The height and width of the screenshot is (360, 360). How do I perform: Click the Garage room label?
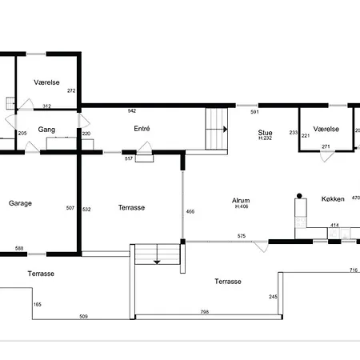tap(20, 203)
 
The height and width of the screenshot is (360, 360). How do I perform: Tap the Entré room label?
tap(142, 129)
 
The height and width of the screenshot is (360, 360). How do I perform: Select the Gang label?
tap(46, 130)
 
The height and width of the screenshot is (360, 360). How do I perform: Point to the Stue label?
tap(265, 133)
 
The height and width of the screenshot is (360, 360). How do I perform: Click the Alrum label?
tap(241, 201)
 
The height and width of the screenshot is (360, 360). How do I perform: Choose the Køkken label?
tap(333, 199)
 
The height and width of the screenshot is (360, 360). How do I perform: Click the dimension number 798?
tap(205, 312)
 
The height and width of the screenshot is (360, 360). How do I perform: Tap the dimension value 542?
tap(132, 110)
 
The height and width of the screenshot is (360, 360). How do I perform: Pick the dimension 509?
tap(83, 317)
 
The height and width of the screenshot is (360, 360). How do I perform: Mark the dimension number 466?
tap(190, 211)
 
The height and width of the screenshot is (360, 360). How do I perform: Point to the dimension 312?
tap(46, 106)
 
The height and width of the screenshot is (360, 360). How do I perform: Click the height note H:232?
tap(265, 138)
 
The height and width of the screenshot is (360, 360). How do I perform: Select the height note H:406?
tap(242, 206)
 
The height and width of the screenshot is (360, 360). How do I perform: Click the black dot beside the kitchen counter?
tap(299, 196)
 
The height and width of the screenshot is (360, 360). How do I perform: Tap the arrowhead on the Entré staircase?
tap(226, 130)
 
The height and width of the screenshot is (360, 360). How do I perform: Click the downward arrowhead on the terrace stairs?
tap(157, 262)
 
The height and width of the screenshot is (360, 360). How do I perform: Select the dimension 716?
tap(354, 270)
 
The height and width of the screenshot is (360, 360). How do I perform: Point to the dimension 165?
tap(38, 305)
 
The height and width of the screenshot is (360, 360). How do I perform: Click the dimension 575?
tap(242, 236)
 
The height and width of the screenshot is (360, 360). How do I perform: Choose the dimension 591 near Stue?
tap(254, 112)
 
